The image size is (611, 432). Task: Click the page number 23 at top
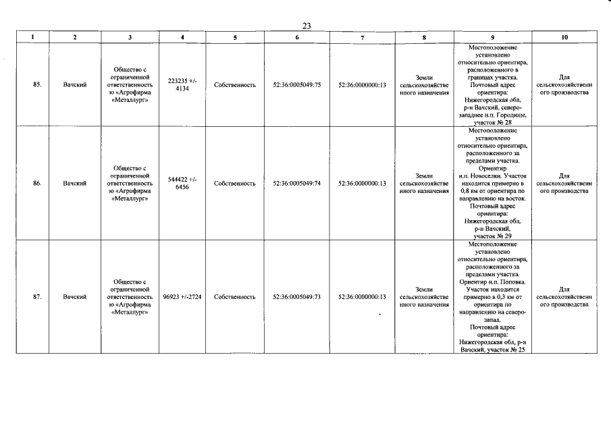point(306,26)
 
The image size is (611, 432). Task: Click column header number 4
point(182,38)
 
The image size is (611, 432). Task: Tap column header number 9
point(493,38)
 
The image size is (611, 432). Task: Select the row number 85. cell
point(38,86)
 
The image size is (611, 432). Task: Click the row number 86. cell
point(38,183)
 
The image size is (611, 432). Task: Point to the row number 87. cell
point(38,296)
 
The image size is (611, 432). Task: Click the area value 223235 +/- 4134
point(182,84)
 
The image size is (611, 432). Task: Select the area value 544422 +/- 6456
point(182,183)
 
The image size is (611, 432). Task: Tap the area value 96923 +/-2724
point(182,296)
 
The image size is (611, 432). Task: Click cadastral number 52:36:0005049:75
point(296,86)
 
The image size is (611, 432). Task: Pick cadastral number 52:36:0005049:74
point(296,183)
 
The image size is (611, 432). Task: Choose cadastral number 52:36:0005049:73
point(296,296)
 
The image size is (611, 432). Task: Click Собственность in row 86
point(234,183)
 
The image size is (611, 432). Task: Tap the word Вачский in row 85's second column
point(74,86)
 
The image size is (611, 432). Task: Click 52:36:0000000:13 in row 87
point(362,296)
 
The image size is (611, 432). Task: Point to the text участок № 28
point(493,123)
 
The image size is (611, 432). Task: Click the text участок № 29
point(493,236)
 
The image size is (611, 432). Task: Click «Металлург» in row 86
point(130,198)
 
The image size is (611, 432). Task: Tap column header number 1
point(32,38)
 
